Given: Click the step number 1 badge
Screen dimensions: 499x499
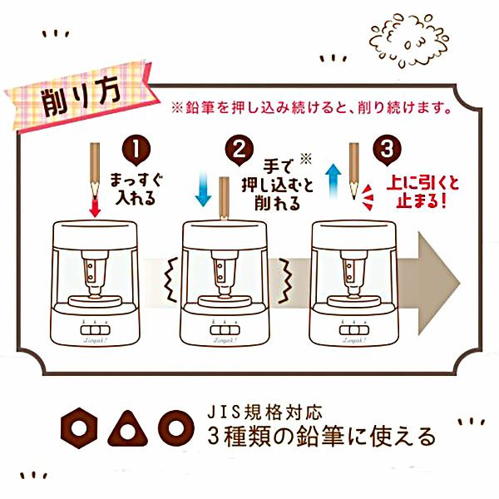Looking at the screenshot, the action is coord(136,151).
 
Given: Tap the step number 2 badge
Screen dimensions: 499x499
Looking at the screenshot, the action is coord(240,151).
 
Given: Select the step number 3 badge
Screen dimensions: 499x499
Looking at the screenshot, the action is coord(387,151).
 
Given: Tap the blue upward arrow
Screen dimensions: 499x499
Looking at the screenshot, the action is coord(333,180).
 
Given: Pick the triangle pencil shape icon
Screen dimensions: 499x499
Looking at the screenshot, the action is coord(128,429).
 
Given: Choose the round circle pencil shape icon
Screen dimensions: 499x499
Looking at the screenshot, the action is coord(176,428).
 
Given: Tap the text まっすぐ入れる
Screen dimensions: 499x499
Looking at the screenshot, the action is coord(136,189).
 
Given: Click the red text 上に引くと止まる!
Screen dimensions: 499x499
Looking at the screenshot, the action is coord(423,192).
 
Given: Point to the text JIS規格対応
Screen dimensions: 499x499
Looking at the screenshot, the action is coord(264,412).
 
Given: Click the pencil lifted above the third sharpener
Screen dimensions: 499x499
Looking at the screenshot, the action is coord(354,171).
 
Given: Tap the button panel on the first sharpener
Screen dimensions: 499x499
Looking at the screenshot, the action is coord(95,329).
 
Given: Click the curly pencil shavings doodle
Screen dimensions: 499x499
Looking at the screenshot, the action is coord(409,39).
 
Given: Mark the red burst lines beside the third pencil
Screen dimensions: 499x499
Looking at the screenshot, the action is coord(368,197).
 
